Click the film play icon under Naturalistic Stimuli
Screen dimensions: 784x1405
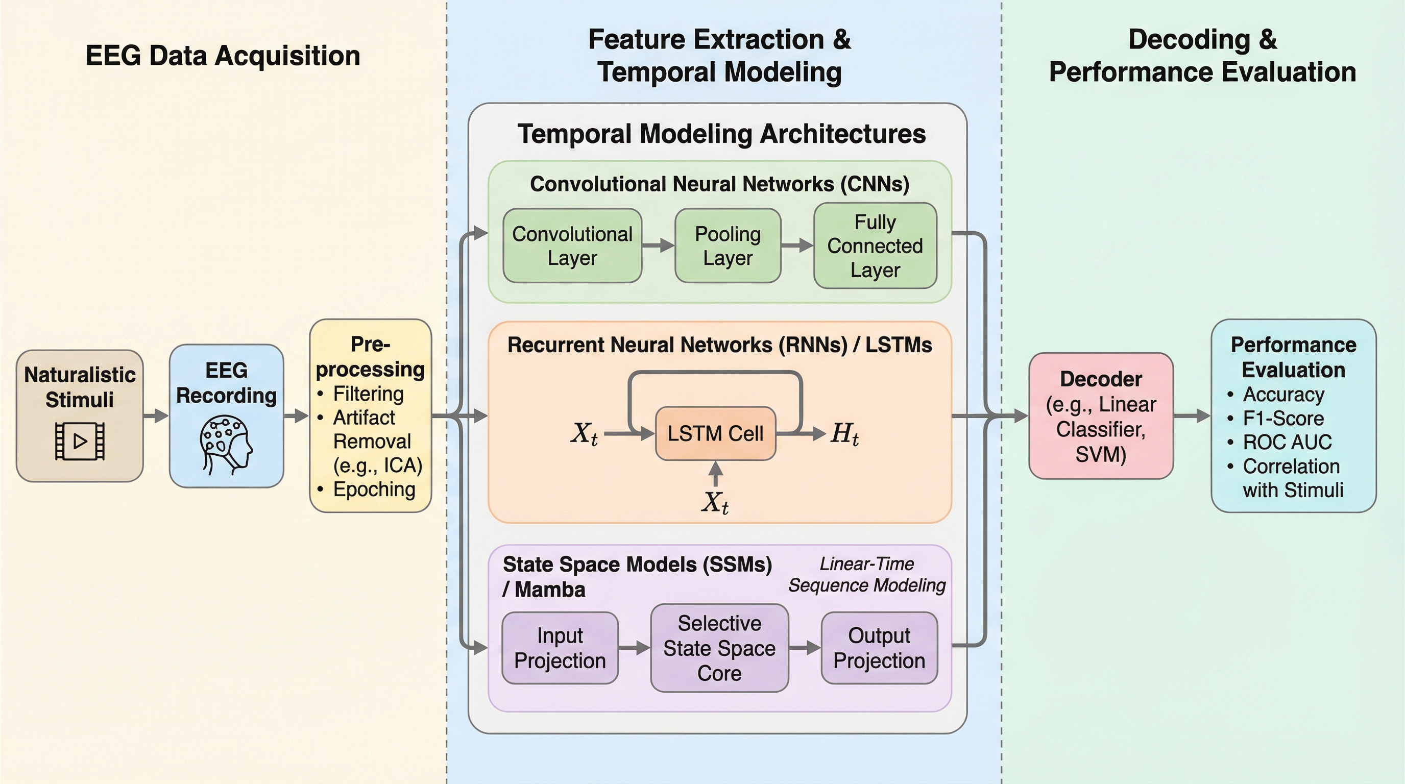80,441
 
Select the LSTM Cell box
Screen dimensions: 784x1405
715,433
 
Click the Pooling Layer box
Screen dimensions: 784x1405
728,246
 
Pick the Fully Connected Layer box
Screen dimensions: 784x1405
875,246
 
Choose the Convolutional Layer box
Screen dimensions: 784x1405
572,246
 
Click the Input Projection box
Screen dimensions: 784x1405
560,648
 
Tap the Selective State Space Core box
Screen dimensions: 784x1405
719,648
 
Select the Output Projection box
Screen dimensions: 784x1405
879,648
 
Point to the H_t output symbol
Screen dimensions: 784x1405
844,434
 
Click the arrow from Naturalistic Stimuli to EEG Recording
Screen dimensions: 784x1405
156,416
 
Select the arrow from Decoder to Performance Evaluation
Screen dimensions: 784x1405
1192,416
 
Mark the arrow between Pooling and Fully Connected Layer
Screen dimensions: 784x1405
797,246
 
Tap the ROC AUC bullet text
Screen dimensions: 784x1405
1287,442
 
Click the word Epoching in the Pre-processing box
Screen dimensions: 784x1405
374,489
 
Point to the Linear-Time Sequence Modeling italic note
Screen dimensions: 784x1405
867,575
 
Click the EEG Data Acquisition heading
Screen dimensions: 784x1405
223,56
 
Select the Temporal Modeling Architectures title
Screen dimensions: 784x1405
721,134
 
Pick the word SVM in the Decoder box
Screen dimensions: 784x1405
1101,454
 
